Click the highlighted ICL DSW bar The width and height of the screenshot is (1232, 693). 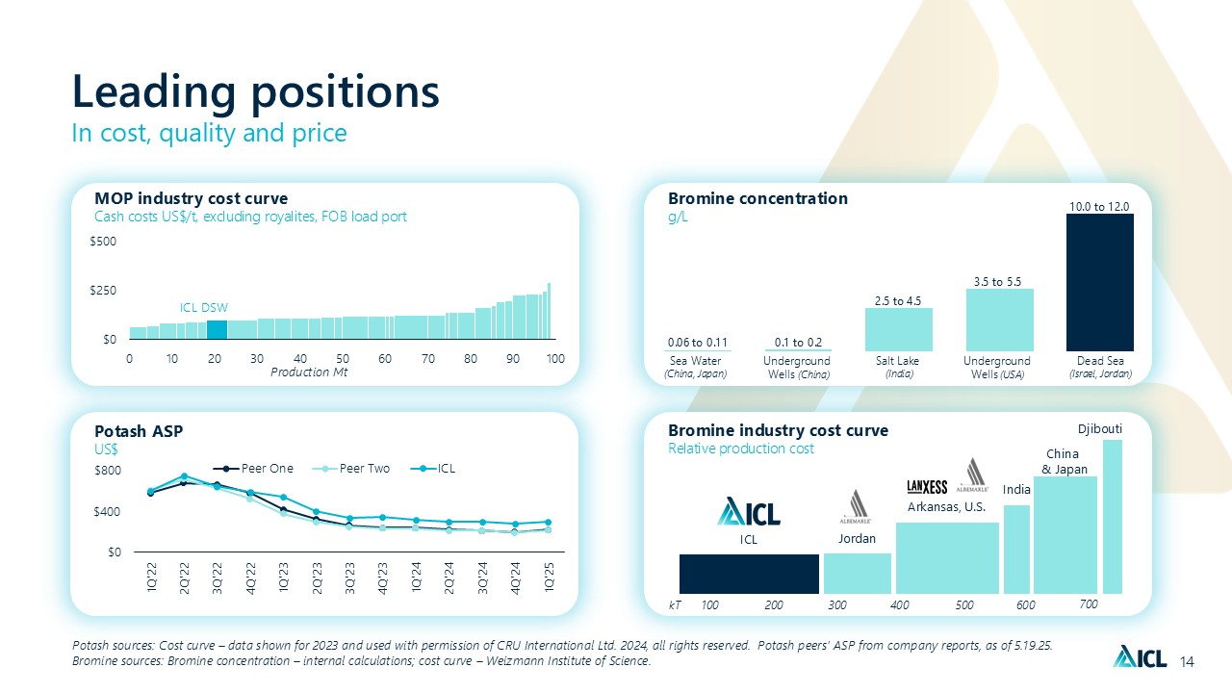click(x=217, y=329)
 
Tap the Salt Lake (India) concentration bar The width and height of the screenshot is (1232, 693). click(x=899, y=329)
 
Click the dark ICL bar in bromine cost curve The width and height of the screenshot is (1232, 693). click(x=749, y=574)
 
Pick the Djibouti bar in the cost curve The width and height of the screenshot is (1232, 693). click(x=1113, y=517)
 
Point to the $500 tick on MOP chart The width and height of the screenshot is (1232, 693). click(x=104, y=242)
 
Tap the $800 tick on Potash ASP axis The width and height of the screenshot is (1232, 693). click(x=108, y=471)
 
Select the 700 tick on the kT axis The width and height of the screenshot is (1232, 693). click(x=1089, y=604)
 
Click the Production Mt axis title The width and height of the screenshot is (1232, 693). click(x=308, y=372)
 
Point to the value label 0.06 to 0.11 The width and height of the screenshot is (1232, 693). click(x=697, y=342)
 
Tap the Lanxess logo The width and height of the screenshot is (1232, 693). click(x=928, y=486)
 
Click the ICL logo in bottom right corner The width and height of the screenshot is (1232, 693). click(x=1140, y=658)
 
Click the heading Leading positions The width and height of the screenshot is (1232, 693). click(x=256, y=91)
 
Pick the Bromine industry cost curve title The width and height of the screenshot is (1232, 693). click(x=778, y=429)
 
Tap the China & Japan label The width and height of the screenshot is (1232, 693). click(x=1065, y=462)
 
